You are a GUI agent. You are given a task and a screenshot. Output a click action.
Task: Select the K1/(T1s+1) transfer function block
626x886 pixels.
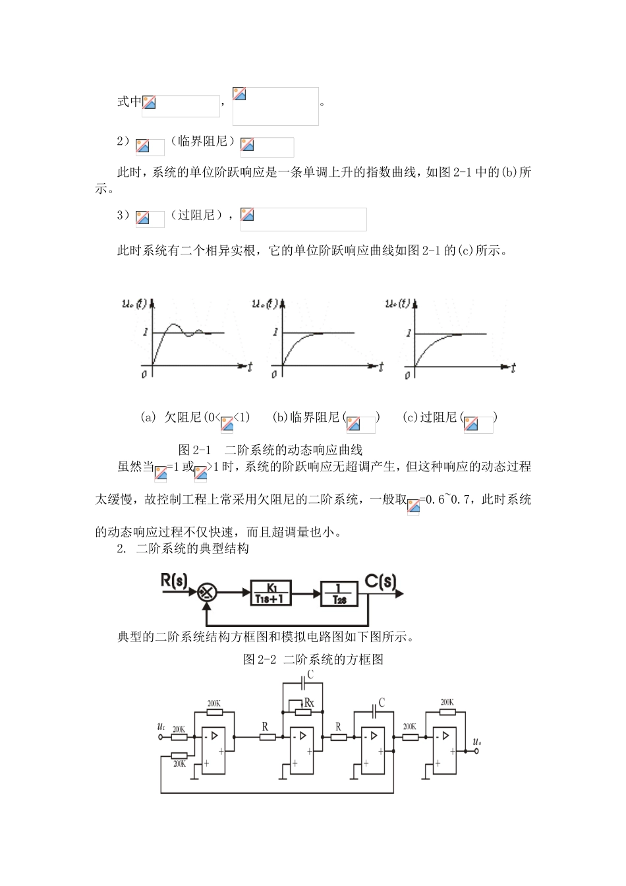pos(271,593)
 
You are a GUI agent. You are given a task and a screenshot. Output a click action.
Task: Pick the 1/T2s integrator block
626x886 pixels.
pos(339,593)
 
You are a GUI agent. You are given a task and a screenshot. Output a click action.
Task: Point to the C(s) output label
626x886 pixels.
pos(381,581)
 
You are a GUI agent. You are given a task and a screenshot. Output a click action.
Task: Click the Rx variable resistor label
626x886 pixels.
pos(309,703)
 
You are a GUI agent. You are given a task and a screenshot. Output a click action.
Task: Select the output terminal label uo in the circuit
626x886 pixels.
pos(476,743)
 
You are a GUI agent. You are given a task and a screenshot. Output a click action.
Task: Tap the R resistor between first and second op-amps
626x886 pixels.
pos(267,736)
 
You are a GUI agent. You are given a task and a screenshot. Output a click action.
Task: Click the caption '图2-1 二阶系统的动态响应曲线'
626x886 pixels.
pos(270,450)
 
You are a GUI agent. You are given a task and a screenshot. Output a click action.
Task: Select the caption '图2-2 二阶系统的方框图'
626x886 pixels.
pos(313,659)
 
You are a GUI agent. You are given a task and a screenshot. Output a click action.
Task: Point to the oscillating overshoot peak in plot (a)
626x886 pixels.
pos(174,325)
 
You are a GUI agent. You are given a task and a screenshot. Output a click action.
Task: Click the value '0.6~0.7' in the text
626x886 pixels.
pos(447,500)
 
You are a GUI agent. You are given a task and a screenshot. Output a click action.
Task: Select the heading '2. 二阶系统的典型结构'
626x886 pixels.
pos(183,548)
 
